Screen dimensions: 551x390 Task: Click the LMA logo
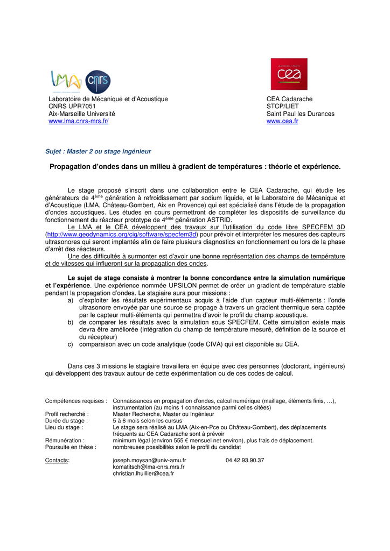coord(65,81)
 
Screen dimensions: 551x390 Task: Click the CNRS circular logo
coord(98,81)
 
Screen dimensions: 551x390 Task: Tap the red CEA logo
coord(289,74)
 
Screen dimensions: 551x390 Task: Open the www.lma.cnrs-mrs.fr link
coord(79,122)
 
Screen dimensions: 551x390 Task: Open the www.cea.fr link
coord(282,122)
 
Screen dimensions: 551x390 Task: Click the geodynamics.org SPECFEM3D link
coord(122,235)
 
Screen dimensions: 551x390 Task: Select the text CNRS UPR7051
coord(72,107)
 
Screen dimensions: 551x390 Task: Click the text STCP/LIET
coord(282,107)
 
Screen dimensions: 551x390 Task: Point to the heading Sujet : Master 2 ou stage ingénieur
coord(98,152)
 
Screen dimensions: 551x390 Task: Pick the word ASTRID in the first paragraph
coord(219,220)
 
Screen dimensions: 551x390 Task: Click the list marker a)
coord(71,300)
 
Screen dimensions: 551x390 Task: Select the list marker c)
coord(71,344)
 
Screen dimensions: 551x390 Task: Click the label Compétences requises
coord(76,401)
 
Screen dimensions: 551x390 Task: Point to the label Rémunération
coord(65,440)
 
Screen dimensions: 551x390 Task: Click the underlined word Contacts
coord(57,461)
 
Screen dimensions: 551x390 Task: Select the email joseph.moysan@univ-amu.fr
coord(149,461)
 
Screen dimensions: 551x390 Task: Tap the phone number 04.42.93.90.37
coord(245,461)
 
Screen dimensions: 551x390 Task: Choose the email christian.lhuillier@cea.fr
coord(143,474)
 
